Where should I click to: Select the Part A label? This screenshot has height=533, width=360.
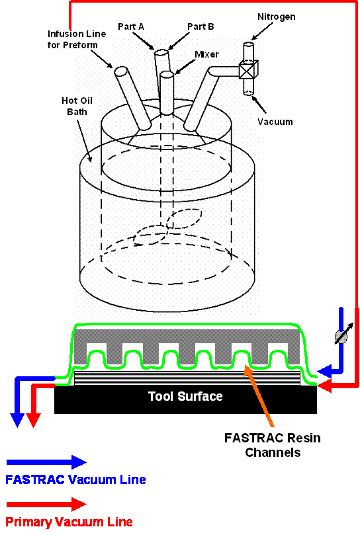pos(131,26)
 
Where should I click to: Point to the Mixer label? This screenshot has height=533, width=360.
pos(207,54)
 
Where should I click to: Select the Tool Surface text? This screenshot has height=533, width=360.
pos(185,396)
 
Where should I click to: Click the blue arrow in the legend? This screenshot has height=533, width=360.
pos(46,462)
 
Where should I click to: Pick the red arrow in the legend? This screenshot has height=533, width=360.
pos(46,504)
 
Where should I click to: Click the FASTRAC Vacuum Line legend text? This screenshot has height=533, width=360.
pos(75,479)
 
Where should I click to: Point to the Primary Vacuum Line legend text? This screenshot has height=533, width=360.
pos(69,522)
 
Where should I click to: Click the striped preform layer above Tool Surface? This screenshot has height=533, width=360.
pos(186,378)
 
